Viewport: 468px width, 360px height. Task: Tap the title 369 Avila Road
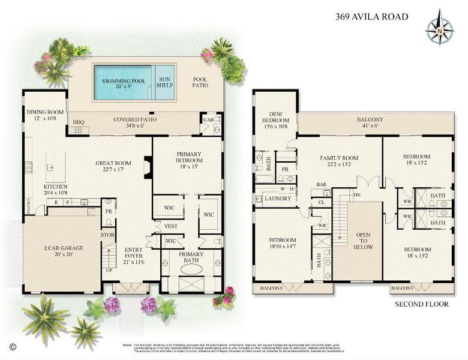point(372,16)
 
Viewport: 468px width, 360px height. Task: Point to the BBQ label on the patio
point(79,121)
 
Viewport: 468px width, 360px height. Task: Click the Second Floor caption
point(421,304)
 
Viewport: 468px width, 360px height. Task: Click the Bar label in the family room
point(321,185)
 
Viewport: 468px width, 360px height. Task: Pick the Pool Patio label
point(200,83)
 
